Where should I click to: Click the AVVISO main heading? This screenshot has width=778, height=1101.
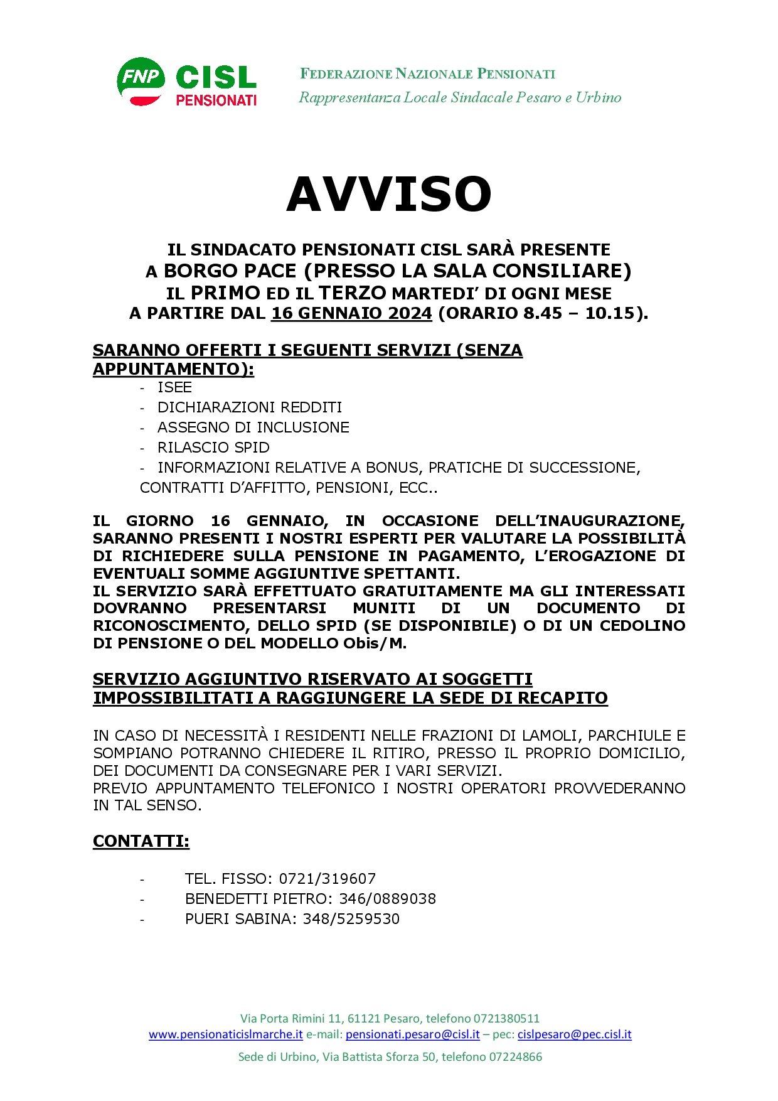pyautogui.click(x=388, y=194)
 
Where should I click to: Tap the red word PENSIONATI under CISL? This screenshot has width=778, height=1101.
pyautogui.click(x=216, y=100)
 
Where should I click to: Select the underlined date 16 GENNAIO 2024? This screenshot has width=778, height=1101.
pyautogui.click(x=351, y=313)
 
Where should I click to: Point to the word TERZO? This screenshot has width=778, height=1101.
pyautogui.click(x=352, y=293)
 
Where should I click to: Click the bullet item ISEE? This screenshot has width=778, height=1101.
pyautogui.click(x=174, y=387)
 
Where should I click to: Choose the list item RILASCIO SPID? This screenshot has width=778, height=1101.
pyautogui.click(x=213, y=448)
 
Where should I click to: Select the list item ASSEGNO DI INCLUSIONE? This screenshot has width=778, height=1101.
pyautogui.click(x=253, y=427)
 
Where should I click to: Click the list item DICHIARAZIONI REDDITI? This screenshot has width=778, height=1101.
pyautogui.click(x=250, y=407)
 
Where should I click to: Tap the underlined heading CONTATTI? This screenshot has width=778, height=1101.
pyautogui.click(x=141, y=841)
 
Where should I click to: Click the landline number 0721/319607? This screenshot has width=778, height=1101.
pyautogui.click(x=327, y=879)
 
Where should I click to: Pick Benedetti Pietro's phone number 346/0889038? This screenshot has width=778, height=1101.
pyautogui.click(x=387, y=899)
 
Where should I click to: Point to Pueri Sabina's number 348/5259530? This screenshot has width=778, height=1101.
pyautogui.click(x=351, y=919)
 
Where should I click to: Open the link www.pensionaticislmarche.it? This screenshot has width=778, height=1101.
pyautogui.click(x=226, y=1034)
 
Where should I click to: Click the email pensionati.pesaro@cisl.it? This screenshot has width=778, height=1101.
pyautogui.click(x=412, y=1034)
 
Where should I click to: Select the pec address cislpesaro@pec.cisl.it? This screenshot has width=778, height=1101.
pyautogui.click(x=574, y=1034)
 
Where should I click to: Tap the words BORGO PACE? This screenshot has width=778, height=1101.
pyautogui.click(x=230, y=271)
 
